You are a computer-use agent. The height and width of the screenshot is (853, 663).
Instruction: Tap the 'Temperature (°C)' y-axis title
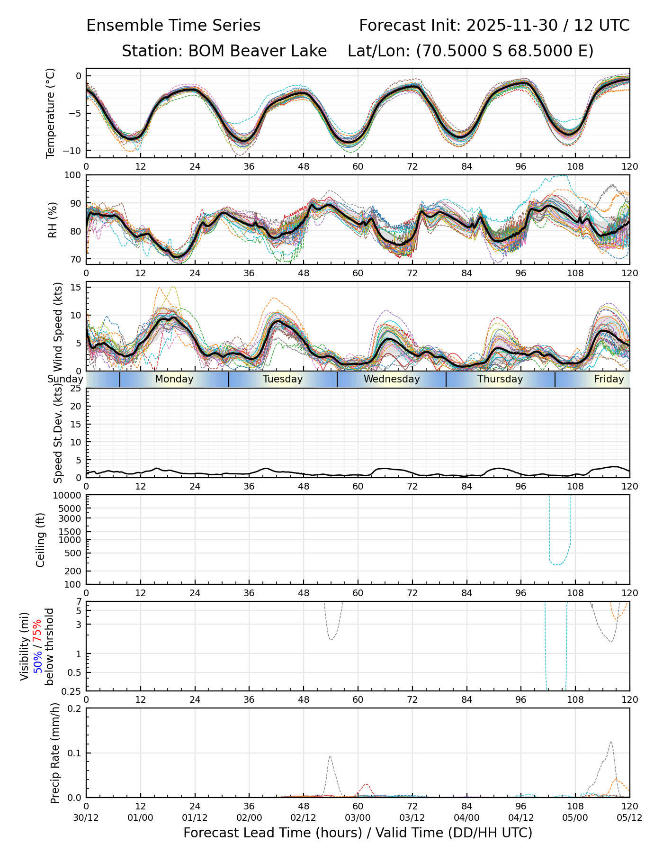51,113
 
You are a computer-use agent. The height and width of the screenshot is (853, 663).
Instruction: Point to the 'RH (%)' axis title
53,220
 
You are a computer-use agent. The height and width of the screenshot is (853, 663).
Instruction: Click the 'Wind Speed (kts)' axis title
58,327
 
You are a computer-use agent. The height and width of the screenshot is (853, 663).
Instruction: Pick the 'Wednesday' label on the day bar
392,379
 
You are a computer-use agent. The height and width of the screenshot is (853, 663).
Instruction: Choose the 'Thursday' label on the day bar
500,379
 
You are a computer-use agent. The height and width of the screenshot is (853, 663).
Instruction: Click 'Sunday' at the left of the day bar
65,379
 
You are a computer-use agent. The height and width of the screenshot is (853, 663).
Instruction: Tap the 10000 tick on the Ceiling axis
69,496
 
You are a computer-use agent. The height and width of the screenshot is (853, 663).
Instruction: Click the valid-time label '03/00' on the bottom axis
358,817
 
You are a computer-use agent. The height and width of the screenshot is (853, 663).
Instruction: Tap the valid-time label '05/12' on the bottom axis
629,817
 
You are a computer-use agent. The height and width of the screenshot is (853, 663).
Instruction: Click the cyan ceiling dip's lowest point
559,565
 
